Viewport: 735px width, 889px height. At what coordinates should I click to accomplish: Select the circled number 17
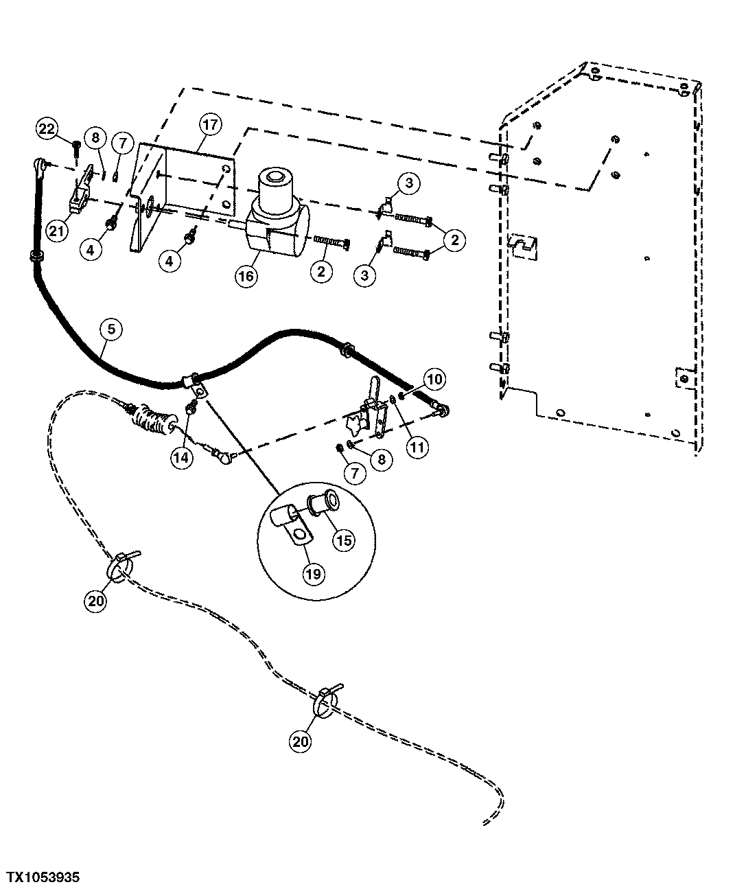209,125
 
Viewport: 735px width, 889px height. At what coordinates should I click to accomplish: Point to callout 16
247,277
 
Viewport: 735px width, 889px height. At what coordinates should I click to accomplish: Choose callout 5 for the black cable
112,330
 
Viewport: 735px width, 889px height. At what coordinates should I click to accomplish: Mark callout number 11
418,447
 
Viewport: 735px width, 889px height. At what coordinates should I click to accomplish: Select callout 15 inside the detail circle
344,540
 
